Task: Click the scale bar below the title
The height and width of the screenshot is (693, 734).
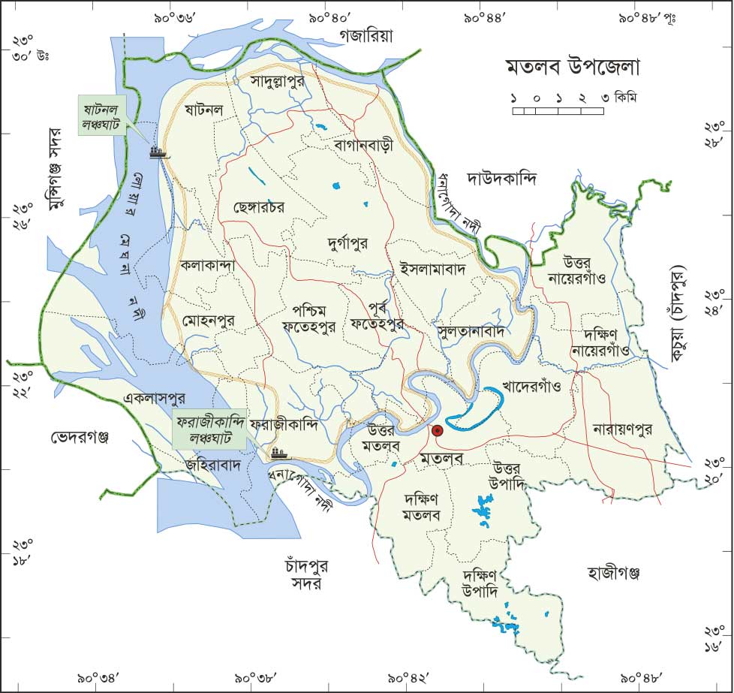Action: pos(558,111)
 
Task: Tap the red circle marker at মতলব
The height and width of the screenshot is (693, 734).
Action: pos(437,431)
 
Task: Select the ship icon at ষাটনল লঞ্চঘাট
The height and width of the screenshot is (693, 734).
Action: pos(158,152)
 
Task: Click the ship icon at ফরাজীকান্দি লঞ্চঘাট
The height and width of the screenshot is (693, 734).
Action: pos(278,453)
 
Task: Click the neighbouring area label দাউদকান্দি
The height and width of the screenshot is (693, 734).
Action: pos(502,179)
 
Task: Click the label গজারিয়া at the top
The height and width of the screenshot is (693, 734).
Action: pos(365,35)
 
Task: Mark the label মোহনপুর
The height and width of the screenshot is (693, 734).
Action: pos(208,321)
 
